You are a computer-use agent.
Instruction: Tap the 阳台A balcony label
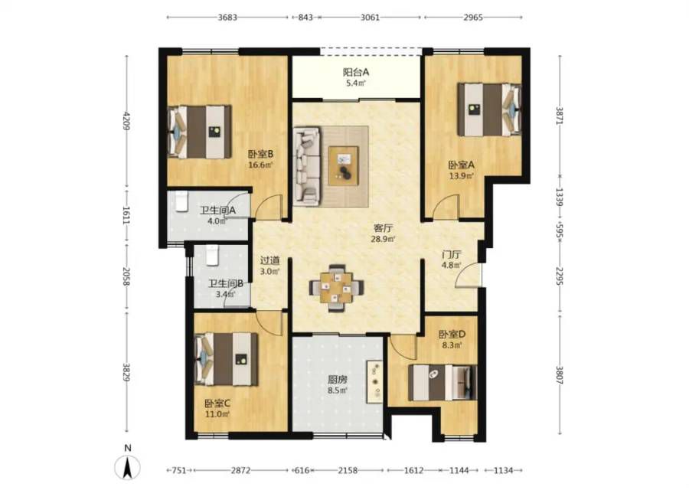coord(355,72)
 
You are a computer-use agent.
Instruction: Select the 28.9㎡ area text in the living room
coord(384,240)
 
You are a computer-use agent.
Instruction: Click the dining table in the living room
coord(337,288)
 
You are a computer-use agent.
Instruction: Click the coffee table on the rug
coord(343,165)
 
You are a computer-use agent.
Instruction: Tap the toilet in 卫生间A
coord(181,201)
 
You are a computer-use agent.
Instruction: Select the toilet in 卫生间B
coord(212,256)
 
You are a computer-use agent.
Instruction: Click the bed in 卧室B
coord(200,132)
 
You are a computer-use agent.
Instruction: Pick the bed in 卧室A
coord(489,109)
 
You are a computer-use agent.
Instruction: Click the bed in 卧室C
coord(226,359)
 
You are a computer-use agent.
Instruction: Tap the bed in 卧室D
coord(442,382)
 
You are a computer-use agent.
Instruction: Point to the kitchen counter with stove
coord(375,382)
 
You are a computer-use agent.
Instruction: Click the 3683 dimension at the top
coord(227,18)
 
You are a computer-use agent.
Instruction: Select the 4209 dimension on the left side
coord(127,121)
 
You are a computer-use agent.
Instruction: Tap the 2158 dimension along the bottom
coord(348,471)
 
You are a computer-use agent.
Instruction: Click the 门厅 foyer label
coord(451,255)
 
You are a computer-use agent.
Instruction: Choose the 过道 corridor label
coord(269,261)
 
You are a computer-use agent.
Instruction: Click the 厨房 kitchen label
coord(338,379)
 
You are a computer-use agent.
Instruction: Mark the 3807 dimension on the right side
coord(560,375)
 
